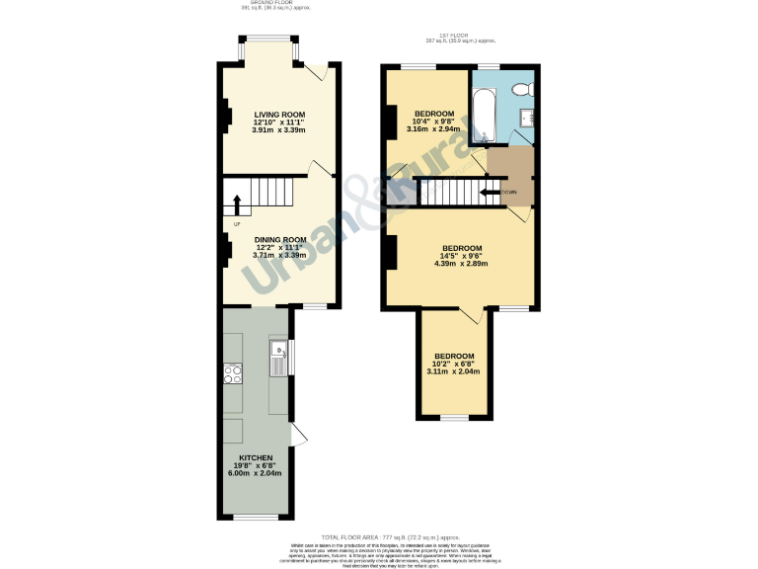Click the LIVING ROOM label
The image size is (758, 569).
point(278,114)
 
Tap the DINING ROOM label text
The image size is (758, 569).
point(278,239)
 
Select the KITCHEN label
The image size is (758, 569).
point(256,457)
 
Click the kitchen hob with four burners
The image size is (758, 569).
point(234,373)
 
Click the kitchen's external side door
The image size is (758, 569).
point(300,437)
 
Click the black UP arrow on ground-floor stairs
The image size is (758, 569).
point(237,204)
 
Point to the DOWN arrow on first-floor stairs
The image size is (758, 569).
point(492,192)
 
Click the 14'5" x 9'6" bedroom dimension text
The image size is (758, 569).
point(461,256)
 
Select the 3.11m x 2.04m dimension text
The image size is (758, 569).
point(452,371)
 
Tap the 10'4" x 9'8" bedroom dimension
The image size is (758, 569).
point(433,121)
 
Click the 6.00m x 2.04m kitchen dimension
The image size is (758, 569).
point(255,473)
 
